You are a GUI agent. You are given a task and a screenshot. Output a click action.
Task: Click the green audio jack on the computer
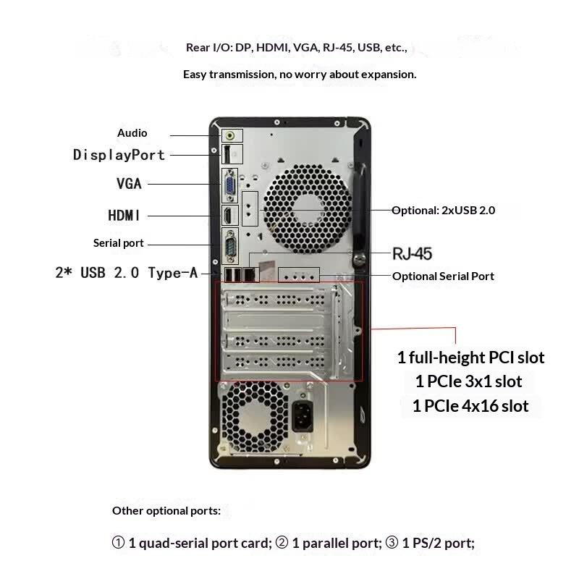coord(230,136)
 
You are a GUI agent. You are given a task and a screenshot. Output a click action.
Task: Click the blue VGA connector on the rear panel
coord(229,185)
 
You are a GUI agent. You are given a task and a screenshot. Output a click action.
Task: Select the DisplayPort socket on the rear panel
coord(227,154)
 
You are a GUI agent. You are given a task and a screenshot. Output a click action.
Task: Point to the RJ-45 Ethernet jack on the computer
coord(250,275)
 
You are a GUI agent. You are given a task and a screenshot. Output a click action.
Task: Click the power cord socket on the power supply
coord(303,415)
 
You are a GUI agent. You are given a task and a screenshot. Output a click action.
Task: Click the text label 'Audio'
coord(132,133)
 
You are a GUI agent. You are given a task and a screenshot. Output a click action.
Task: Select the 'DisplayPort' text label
coord(119,155)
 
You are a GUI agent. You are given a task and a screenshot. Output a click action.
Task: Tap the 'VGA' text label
coord(129,184)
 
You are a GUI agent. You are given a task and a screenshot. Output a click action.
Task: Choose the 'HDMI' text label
coord(124,215)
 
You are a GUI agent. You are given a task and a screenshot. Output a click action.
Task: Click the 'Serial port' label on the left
coord(118,243)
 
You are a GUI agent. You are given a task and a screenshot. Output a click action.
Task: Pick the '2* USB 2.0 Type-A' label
coord(127,273)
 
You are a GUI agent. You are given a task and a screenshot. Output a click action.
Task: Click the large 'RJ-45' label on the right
coord(412,254)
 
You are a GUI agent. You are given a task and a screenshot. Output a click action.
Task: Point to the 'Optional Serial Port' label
coord(443,276)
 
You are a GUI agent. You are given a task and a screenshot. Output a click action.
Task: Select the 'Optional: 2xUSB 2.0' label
coord(443,211)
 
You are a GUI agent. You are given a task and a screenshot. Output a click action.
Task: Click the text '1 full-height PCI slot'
coord(471,358)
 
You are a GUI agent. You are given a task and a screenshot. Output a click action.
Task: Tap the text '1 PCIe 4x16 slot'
coord(470,406)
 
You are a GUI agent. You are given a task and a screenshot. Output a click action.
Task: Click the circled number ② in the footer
coord(282,543)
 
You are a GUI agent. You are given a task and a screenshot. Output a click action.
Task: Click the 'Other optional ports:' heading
coord(166,511)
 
